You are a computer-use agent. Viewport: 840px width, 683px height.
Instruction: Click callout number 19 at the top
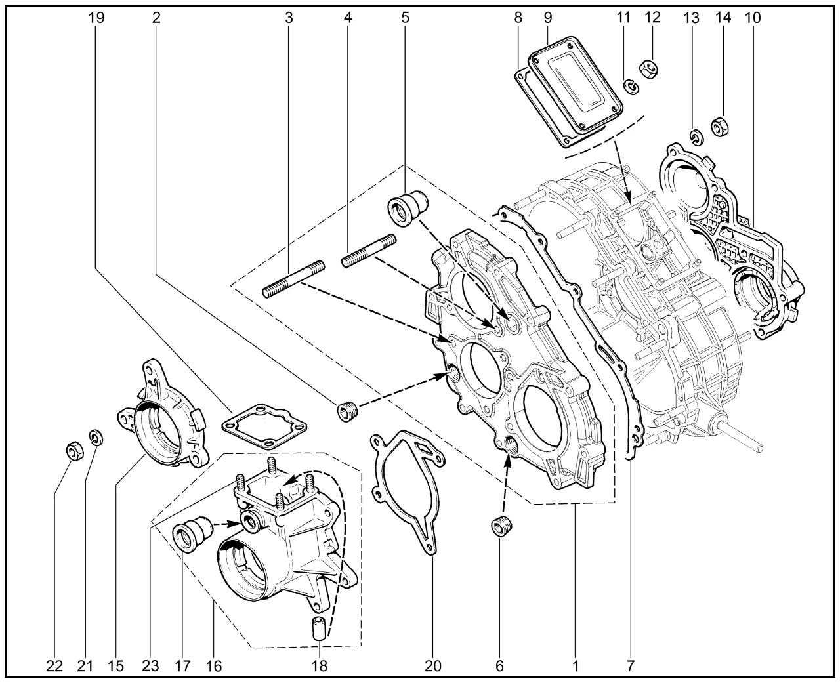96,18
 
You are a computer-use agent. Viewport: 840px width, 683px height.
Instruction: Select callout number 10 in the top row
753,18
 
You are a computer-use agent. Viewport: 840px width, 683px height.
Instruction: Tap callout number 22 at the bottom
54,667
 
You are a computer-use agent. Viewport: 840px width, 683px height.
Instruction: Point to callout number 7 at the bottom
630,667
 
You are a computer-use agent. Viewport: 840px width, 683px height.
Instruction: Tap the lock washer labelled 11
631,86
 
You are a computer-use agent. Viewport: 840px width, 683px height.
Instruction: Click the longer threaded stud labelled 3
293,278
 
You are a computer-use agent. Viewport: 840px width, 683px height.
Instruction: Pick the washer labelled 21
96,436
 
